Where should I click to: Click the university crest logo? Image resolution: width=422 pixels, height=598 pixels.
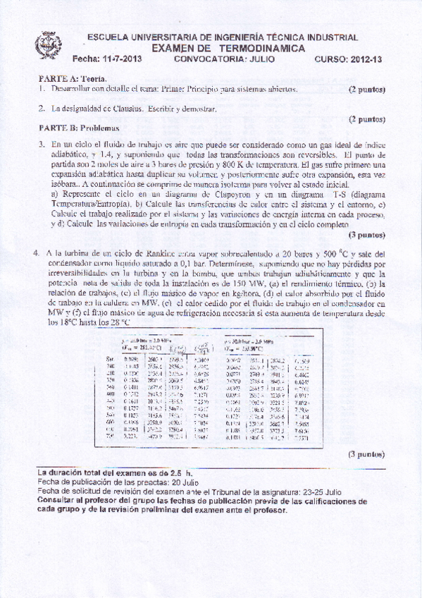(x=49, y=45)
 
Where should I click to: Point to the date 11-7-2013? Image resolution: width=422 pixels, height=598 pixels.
(x=121, y=59)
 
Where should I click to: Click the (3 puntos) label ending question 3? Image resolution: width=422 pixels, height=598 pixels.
(x=366, y=234)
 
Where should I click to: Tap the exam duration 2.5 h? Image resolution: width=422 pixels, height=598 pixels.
(x=176, y=469)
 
